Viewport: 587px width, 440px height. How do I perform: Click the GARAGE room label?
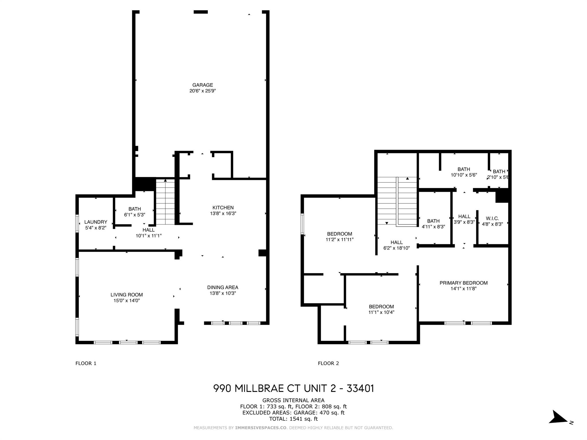[x=203, y=85]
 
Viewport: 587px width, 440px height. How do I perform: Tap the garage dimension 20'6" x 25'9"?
[x=203, y=91]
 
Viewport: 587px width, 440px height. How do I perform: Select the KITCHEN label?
[x=223, y=208]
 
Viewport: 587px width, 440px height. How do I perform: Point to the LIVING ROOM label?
[x=127, y=295]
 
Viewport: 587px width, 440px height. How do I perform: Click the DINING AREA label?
[x=223, y=287]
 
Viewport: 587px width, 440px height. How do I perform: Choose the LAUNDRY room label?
[x=96, y=222]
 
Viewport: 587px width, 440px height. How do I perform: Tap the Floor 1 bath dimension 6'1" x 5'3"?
[x=135, y=215]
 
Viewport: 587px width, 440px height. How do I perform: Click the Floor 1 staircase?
[x=165, y=202]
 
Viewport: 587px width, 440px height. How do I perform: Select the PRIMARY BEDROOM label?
[x=463, y=283]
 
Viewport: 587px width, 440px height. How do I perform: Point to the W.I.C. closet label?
[x=492, y=219]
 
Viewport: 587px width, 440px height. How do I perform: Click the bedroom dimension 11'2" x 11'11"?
[x=340, y=239]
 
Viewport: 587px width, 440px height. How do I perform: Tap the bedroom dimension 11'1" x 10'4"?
[x=381, y=312]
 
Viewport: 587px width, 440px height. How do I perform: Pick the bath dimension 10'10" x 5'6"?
[x=464, y=175]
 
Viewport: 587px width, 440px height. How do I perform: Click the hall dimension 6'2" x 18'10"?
[x=397, y=248]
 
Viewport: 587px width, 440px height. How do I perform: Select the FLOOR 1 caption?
[x=86, y=363]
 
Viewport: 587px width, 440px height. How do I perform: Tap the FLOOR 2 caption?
[x=328, y=363]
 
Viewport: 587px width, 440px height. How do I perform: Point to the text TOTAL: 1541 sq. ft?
[x=293, y=419]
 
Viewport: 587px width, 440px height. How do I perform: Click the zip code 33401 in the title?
[x=360, y=388]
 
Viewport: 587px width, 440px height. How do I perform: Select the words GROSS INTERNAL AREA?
[x=293, y=400]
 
